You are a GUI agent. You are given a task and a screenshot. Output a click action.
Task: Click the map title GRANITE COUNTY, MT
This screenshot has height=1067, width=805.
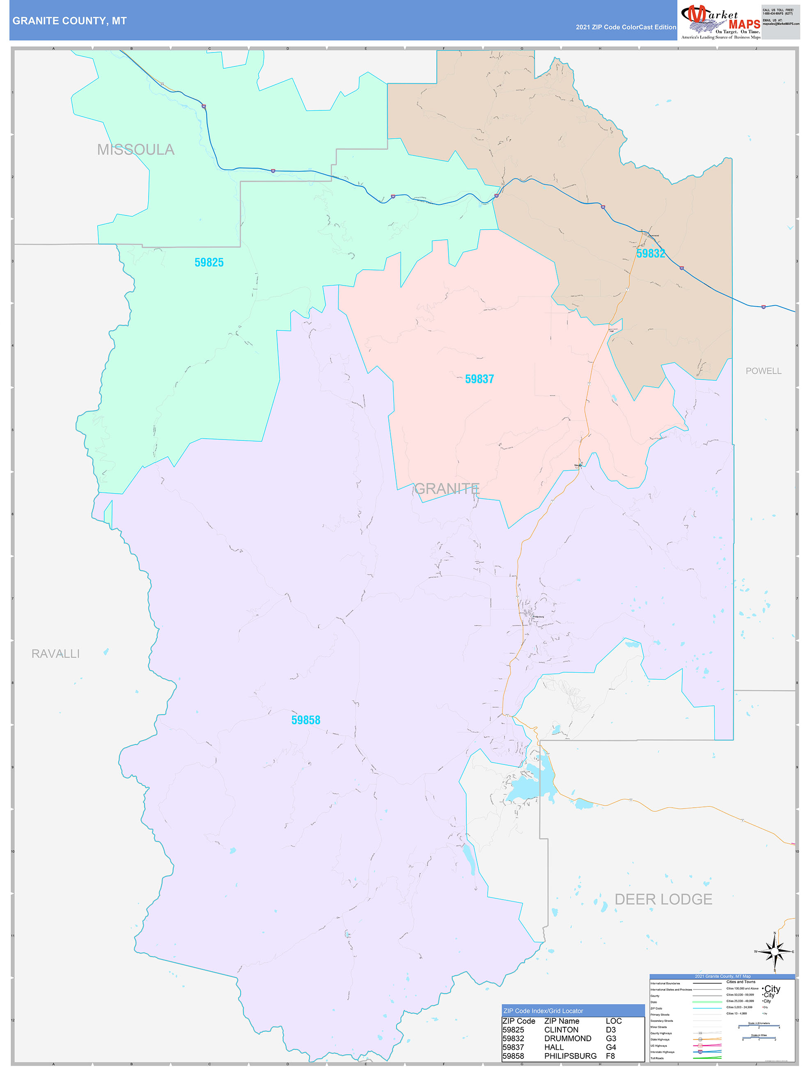69,21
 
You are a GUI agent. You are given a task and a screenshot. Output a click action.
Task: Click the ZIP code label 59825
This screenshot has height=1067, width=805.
209,262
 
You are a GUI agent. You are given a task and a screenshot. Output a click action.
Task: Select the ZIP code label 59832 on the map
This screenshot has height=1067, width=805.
650,254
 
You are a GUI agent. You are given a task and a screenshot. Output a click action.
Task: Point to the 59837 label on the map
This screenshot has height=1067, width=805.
479,379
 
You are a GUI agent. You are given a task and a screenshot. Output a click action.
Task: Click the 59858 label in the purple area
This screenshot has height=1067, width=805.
305,720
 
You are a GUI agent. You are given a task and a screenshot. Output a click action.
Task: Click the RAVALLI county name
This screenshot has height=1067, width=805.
55,654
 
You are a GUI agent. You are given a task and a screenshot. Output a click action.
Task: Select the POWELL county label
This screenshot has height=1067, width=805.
763,371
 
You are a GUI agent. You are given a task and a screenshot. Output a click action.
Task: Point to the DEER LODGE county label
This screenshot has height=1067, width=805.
663,900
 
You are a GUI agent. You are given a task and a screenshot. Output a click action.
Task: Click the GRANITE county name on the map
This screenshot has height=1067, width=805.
446,489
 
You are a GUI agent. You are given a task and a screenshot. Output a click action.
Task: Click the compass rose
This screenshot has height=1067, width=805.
775,951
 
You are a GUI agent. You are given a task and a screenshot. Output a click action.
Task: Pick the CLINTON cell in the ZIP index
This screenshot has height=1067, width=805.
561,1030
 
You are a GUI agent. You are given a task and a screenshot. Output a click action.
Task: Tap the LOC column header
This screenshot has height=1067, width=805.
613,1021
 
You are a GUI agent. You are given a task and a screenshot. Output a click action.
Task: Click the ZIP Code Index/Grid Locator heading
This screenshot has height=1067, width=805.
543,1011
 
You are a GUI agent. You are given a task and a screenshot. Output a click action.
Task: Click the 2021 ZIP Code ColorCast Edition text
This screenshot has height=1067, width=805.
626,27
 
